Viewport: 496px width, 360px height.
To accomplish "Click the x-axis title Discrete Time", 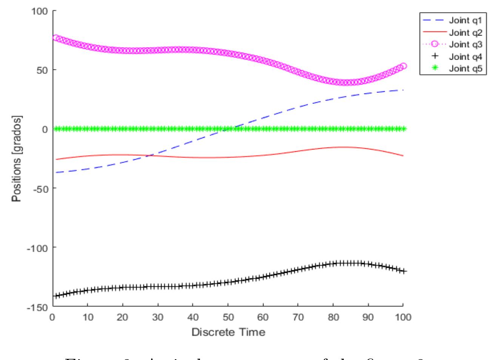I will pos(228,332).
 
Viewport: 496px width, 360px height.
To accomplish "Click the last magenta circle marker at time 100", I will pos(403,66).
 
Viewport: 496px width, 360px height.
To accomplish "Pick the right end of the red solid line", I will pos(403,155).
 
